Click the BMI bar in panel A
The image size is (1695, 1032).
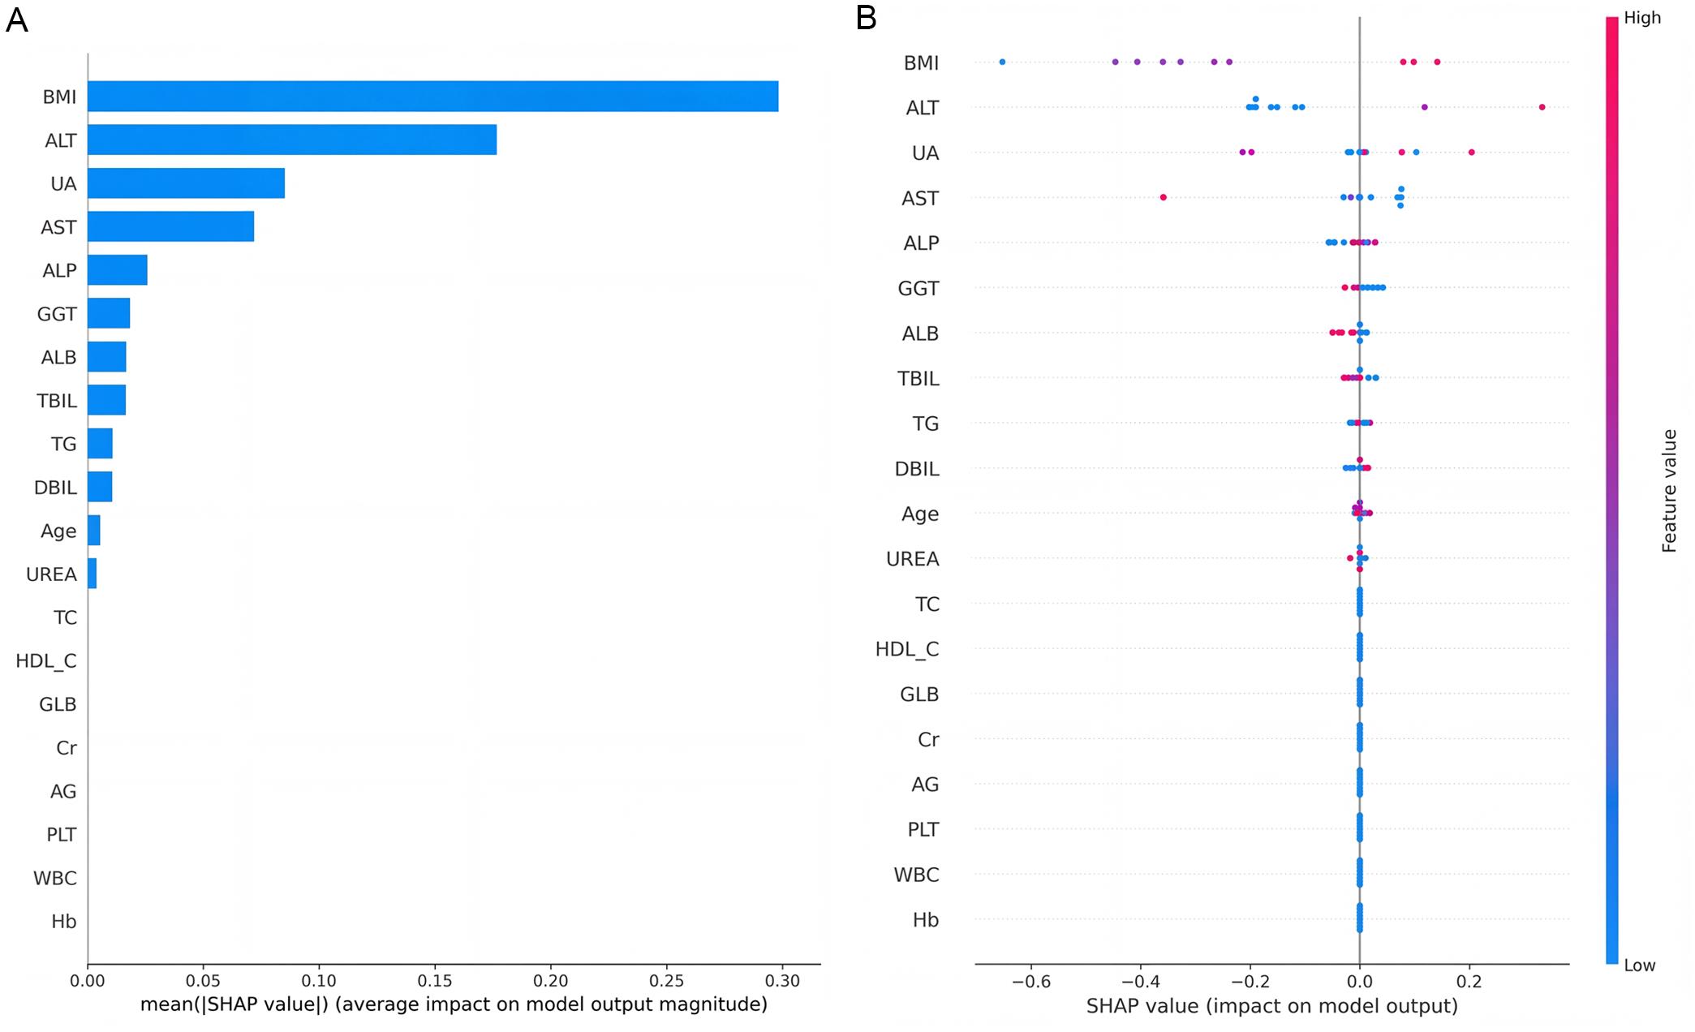pyautogui.click(x=432, y=97)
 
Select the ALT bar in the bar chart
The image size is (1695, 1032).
pyautogui.click(x=292, y=140)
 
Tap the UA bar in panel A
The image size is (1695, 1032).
pyautogui.click(x=186, y=183)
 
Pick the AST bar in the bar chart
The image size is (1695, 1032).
pyautogui.click(x=170, y=226)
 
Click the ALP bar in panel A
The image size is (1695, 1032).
pyautogui.click(x=118, y=270)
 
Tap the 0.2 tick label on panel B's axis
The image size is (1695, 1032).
pyautogui.click(x=1469, y=982)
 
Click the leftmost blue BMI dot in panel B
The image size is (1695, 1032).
pyautogui.click(x=1002, y=62)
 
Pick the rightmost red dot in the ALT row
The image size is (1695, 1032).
pyautogui.click(x=1542, y=107)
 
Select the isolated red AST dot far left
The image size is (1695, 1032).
pyautogui.click(x=1163, y=197)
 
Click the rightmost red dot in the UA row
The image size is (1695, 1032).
pyautogui.click(x=1471, y=153)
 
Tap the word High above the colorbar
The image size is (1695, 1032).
pyautogui.click(x=1643, y=18)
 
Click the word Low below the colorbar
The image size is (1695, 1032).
pyautogui.click(x=1640, y=965)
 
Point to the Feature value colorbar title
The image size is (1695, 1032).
pyautogui.click(x=1669, y=491)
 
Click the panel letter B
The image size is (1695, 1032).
pyautogui.click(x=866, y=19)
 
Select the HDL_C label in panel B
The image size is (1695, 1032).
pyautogui.click(x=906, y=649)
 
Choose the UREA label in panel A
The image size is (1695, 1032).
pyautogui.click(x=51, y=574)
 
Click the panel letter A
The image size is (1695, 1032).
pyautogui.click(x=16, y=20)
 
